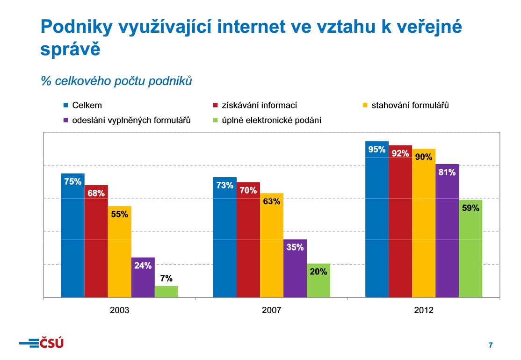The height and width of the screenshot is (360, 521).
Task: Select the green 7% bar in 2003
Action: [166, 292]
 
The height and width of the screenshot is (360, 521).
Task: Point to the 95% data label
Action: [376, 150]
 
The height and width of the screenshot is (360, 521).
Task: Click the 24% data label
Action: [143, 266]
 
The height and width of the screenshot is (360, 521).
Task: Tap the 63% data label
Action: [271, 202]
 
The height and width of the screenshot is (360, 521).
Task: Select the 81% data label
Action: [447, 172]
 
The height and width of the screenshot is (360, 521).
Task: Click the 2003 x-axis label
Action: [119, 310]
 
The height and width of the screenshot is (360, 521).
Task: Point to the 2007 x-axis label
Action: [271, 310]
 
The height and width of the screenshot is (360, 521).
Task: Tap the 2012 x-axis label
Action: [423, 310]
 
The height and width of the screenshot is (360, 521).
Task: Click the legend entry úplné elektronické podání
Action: [271, 120]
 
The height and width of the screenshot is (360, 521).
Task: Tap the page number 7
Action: [490, 346]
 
